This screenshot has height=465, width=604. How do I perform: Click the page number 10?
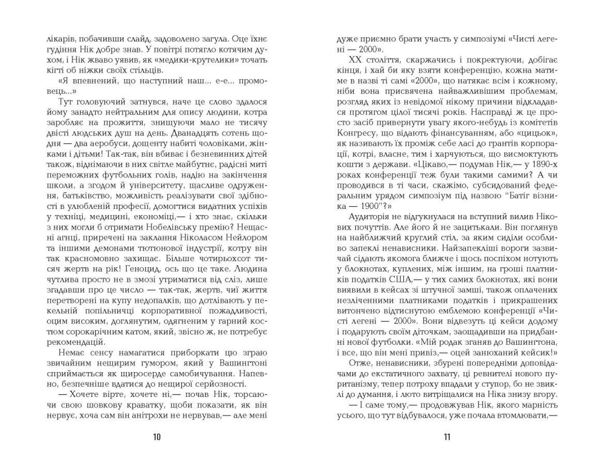tap(157, 437)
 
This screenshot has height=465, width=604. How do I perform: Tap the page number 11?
tap(447, 437)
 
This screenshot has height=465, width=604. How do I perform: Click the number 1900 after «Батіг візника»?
tap(370, 206)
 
